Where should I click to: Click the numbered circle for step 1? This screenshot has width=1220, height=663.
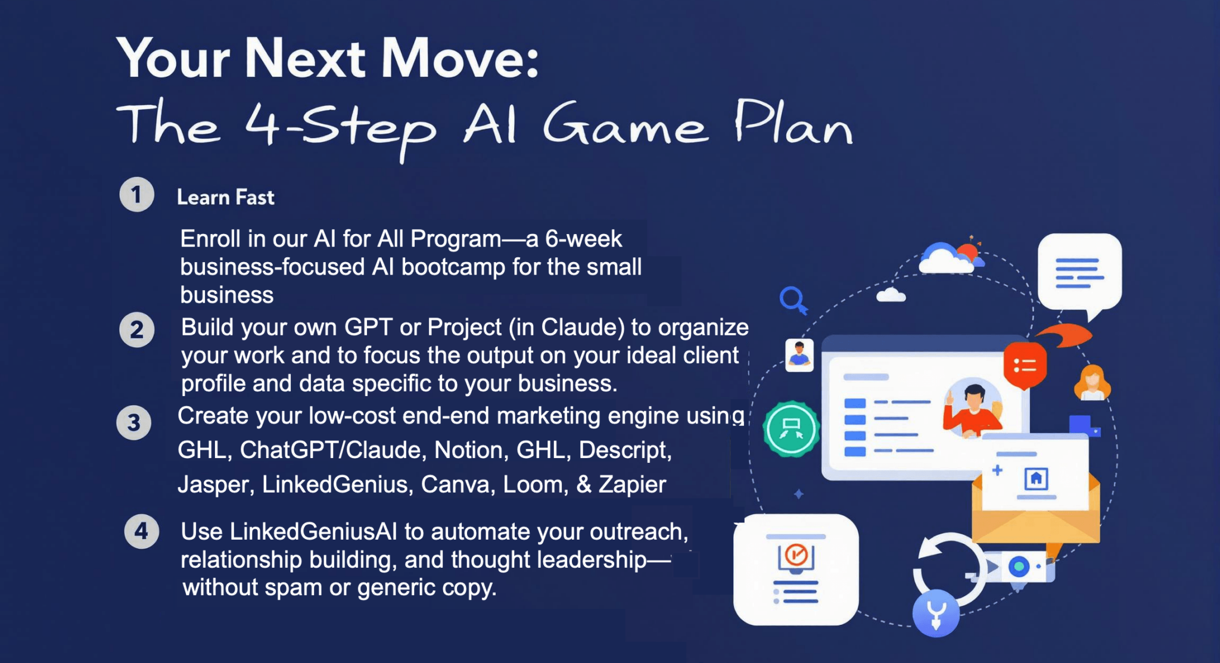click(x=136, y=194)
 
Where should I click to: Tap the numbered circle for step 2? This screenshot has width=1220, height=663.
click(x=136, y=329)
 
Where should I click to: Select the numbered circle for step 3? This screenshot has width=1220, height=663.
click(x=134, y=422)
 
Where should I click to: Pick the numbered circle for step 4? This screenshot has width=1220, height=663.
click(x=141, y=531)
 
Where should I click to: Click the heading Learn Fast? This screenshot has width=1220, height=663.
click(x=226, y=197)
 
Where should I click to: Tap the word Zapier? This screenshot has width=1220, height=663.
click(x=632, y=485)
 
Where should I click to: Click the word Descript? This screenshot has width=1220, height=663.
click(x=625, y=450)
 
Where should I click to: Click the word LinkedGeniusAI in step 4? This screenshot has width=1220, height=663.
click(x=313, y=531)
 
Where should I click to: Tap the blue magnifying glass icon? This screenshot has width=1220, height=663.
click(x=794, y=300)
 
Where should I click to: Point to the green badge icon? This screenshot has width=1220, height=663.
click(x=792, y=429)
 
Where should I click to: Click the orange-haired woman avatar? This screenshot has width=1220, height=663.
click(x=1093, y=383)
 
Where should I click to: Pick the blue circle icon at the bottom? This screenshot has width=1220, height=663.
click(x=936, y=614)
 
